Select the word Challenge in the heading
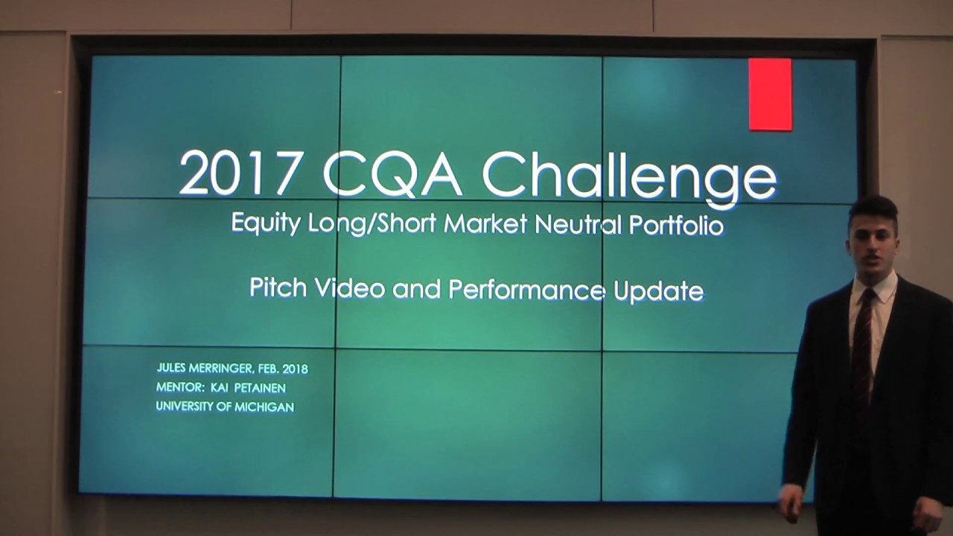[x=630, y=176]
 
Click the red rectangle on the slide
[x=770, y=95]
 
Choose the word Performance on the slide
[x=526, y=290]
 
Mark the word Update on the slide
[x=658, y=291]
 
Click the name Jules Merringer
[x=206, y=368]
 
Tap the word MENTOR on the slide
[x=175, y=388]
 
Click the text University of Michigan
[x=225, y=407]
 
